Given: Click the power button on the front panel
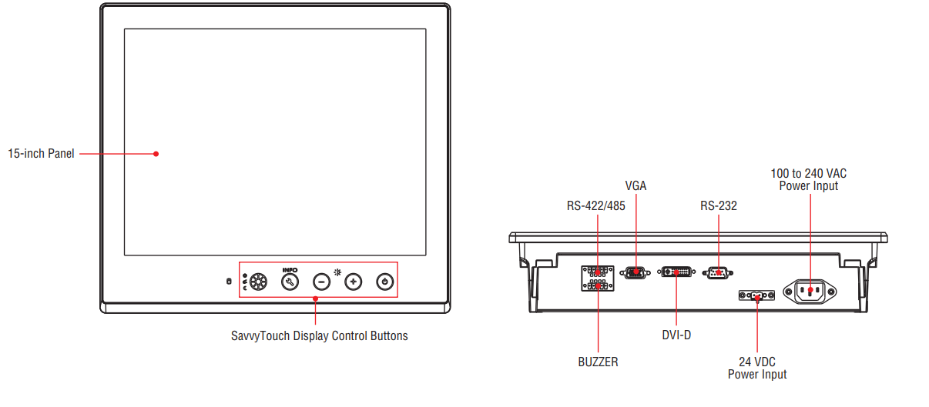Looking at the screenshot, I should [x=385, y=282].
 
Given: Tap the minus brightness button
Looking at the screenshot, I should [x=321, y=282].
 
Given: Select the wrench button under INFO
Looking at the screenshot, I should [x=290, y=282].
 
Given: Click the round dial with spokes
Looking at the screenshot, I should [x=257, y=282].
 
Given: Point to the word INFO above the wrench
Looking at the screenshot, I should [x=290, y=270].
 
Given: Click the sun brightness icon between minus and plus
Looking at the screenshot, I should [x=337, y=272].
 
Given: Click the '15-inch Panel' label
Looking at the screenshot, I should [x=42, y=154].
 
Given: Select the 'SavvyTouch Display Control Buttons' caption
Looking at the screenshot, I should [x=320, y=336].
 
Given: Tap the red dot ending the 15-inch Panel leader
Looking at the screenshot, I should [x=156, y=153].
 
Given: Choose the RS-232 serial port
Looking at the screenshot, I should [x=717, y=272].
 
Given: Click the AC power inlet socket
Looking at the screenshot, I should [x=810, y=291].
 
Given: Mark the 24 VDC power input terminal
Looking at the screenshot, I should [x=756, y=296].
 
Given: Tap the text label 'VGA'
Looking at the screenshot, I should [x=636, y=186].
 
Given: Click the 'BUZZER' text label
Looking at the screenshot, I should [x=598, y=362].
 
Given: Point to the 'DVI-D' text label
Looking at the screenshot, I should [x=676, y=335].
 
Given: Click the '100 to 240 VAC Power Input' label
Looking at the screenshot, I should [x=809, y=179].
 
